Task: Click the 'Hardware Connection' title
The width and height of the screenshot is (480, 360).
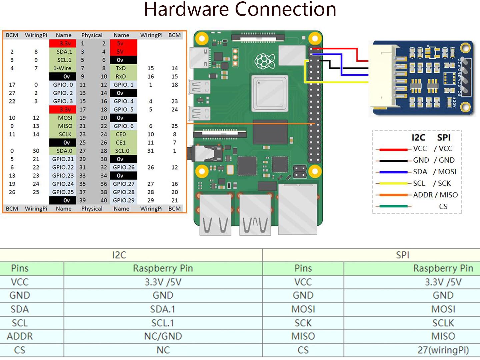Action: tap(240, 9)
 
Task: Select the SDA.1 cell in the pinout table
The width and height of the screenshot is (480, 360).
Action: tap(64, 52)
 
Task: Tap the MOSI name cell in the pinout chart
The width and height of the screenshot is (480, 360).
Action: tap(65, 118)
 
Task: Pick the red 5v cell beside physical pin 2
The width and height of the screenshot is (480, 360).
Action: tap(123, 43)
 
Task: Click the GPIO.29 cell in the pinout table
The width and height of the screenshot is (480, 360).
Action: tap(123, 200)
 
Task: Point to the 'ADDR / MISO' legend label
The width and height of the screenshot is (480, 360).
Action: tap(435, 195)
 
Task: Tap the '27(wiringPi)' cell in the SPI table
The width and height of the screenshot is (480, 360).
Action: tap(443, 350)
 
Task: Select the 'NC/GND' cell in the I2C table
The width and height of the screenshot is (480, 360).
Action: tap(163, 336)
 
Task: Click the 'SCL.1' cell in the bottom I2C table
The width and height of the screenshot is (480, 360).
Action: tap(163, 323)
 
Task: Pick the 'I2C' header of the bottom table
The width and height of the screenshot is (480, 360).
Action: tap(119, 255)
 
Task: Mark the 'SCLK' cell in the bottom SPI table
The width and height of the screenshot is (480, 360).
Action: tap(443, 323)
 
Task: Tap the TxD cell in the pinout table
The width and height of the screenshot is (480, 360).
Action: tap(121, 68)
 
